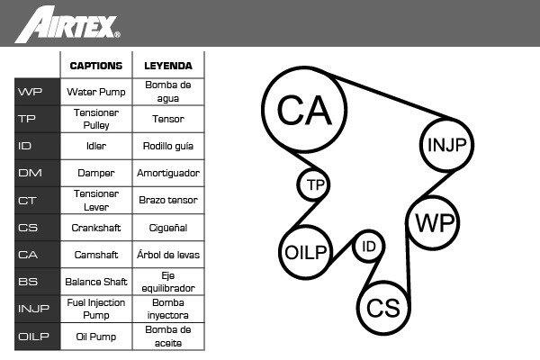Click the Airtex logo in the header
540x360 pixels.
tap(67, 24)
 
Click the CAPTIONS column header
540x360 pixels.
tap(96, 66)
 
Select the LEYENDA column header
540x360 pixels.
tap(168, 66)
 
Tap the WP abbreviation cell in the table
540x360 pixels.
tap(37, 92)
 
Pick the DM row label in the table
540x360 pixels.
tap(37, 173)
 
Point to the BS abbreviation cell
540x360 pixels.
tap(37, 282)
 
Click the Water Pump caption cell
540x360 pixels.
tap(96, 92)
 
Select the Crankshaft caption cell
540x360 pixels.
tap(96, 228)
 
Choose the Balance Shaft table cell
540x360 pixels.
tap(96, 282)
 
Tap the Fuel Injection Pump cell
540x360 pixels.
tap(96, 309)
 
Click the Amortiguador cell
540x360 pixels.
tap(168, 173)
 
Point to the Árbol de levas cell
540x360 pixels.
tap(168, 255)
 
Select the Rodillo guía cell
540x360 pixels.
tap(168, 146)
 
